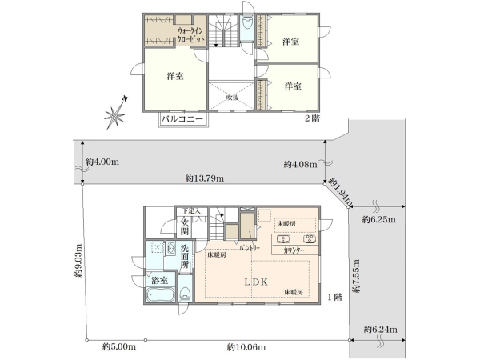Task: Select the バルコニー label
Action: click(x=182, y=119)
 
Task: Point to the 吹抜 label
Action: click(x=231, y=97)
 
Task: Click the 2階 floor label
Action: click(x=312, y=118)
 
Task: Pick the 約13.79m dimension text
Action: click(x=204, y=178)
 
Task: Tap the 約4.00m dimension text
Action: click(x=100, y=162)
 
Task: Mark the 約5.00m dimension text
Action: click(x=119, y=347)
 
